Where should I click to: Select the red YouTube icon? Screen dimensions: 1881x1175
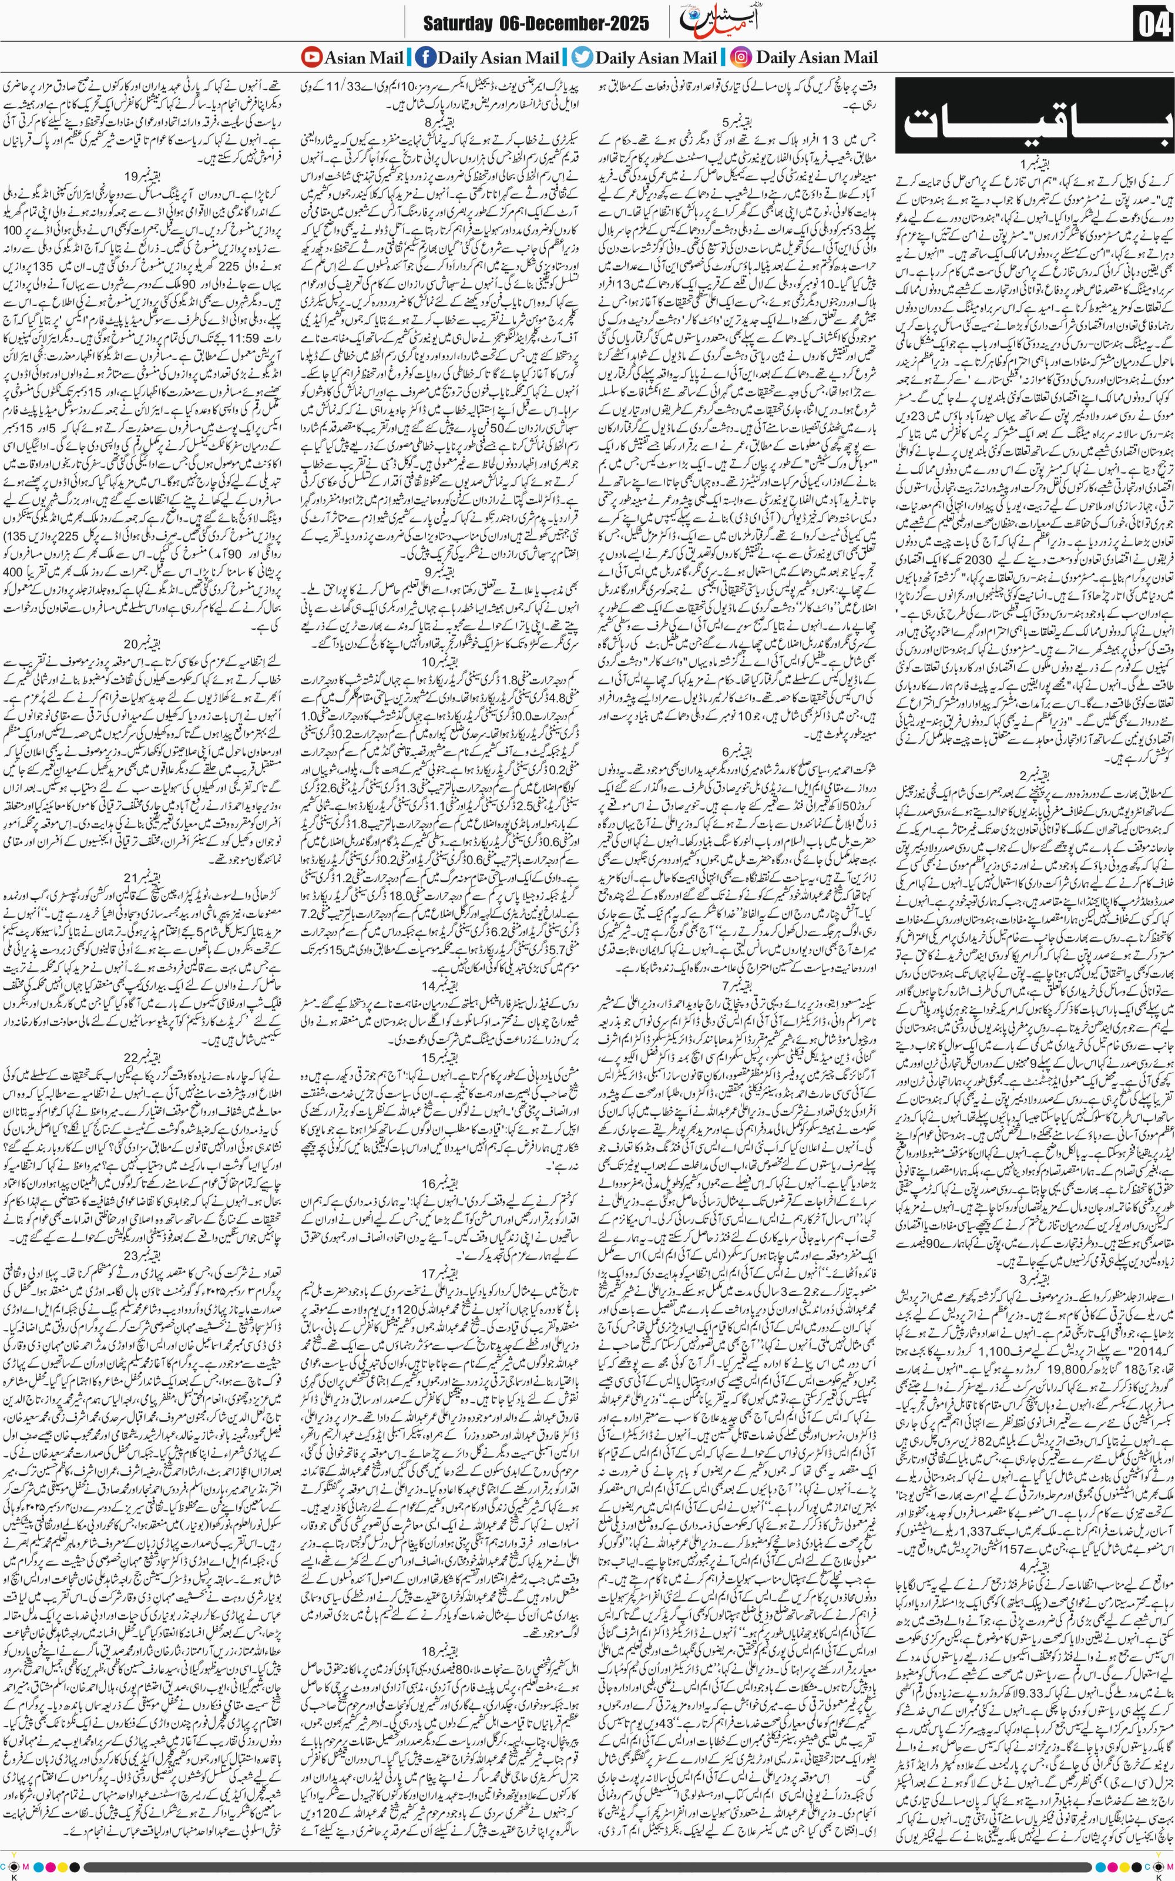pyautogui.click(x=311, y=57)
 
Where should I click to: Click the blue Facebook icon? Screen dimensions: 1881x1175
pyautogui.click(x=425, y=57)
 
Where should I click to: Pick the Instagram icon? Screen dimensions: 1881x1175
pyautogui.click(x=741, y=57)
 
